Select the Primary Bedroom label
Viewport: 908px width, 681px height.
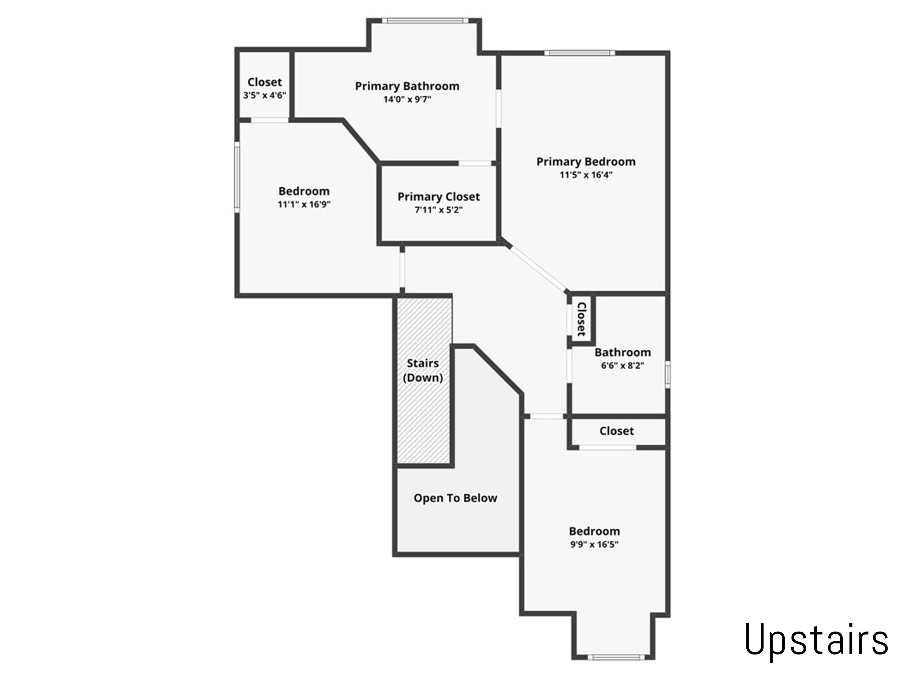coord(586,162)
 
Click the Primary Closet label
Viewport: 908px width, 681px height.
coord(438,197)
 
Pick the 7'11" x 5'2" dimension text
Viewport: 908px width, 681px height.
coord(438,210)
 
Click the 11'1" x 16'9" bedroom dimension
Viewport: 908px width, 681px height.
coord(304,204)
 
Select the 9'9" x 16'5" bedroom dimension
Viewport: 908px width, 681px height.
coord(594,544)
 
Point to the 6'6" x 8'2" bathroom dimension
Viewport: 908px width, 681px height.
coord(622,365)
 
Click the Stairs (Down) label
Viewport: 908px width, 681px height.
coord(423,370)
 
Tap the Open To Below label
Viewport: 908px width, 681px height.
coord(455,498)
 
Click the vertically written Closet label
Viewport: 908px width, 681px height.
coord(581,319)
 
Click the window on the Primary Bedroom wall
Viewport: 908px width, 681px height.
coord(580,53)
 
